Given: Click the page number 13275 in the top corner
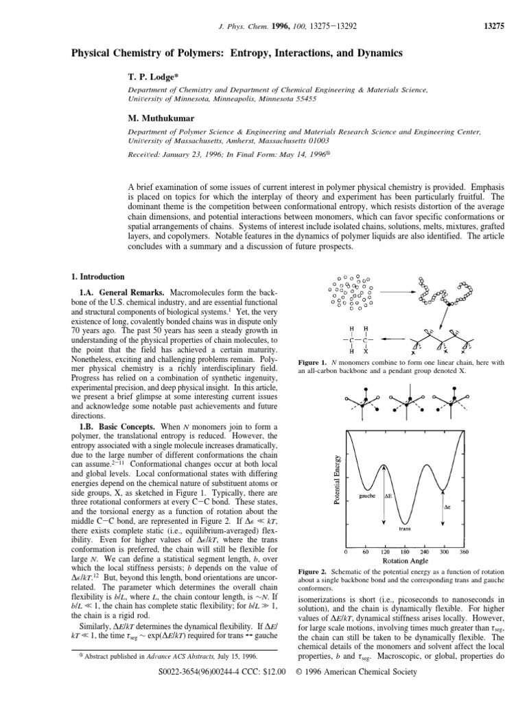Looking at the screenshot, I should (x=494, y=27).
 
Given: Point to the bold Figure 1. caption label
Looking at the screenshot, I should (x=314, y=362).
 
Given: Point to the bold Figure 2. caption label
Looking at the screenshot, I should (x=314, y=571).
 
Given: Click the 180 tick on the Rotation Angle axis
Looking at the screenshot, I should (x=405, y=550).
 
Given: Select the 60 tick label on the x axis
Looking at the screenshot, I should (x=366, y=550).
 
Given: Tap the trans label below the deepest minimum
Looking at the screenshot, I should (x=405, y=529).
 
